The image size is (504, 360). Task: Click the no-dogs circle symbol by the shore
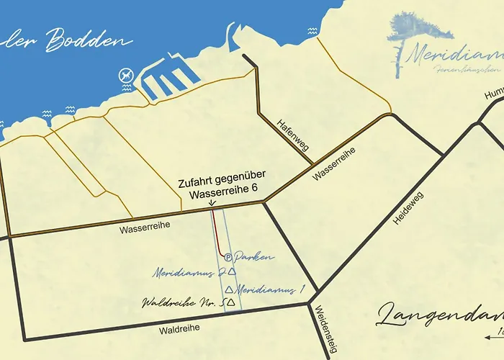(126, 74)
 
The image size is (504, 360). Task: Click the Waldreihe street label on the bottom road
(180, 328)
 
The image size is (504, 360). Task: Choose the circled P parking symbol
(228, 256)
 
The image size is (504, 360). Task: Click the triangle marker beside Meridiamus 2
(231, 271)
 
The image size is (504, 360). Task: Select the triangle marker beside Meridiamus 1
(228, 289)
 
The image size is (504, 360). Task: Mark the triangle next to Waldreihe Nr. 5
(230, 302)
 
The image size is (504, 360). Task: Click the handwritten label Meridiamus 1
(270, 289)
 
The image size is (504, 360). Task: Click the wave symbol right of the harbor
(312, 32)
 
